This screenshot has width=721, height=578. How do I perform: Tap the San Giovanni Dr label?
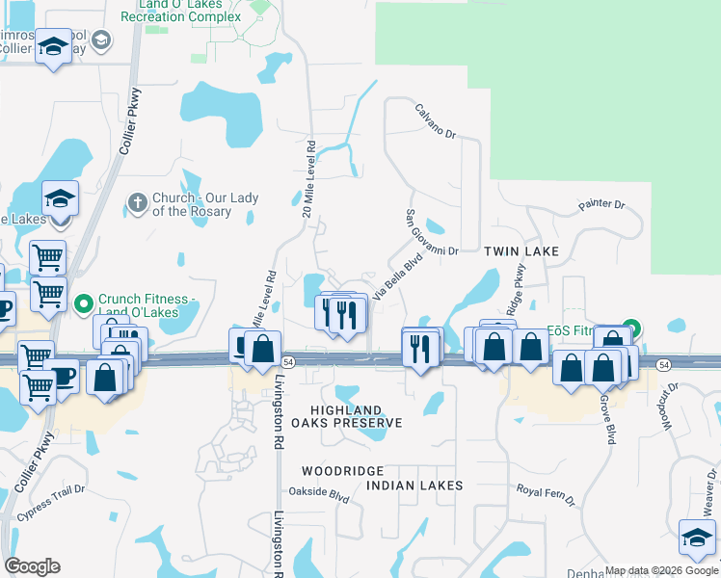point(428,232)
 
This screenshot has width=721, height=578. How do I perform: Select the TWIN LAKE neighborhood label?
point(521,250)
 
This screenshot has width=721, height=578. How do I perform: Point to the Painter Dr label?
point(601,205)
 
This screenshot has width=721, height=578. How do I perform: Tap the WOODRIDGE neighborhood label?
point(342,471)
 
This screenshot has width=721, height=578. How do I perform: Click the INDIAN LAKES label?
point(414,485)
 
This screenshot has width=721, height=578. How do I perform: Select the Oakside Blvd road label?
point(325,496)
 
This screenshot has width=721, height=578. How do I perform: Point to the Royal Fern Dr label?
point(545,494)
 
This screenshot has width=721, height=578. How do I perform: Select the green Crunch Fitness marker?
point(83,302)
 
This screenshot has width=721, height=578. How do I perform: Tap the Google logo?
point(32,566)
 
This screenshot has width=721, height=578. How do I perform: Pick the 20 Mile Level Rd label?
point(308,179)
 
